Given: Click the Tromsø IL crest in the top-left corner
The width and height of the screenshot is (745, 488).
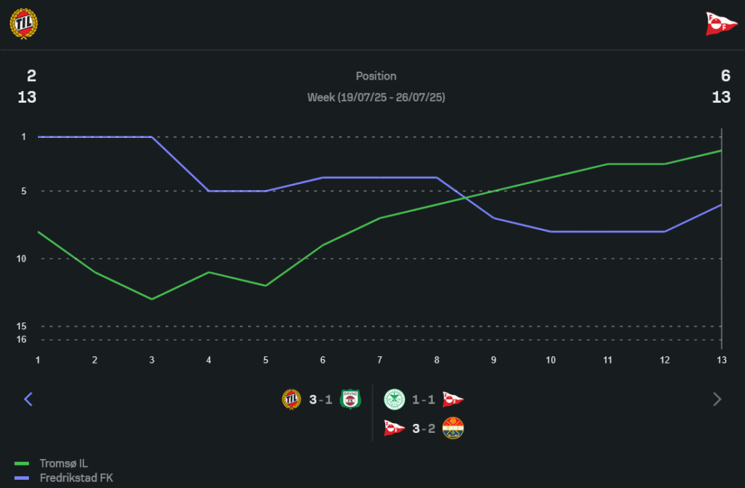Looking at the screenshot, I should [23, 24].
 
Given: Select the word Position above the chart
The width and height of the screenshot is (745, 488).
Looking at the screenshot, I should [376, 76].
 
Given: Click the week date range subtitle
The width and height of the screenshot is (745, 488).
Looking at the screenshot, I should [376, 98].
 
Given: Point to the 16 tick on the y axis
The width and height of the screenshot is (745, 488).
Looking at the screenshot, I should [23, 340].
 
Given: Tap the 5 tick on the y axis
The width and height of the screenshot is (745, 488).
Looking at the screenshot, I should [24, 191].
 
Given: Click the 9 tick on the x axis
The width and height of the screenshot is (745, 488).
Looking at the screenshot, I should [493, 360].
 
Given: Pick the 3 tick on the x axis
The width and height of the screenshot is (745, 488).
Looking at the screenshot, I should [152, 360].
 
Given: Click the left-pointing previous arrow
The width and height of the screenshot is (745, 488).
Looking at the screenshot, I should [28, 399].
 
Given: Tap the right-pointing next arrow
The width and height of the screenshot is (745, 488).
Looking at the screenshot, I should [717, 399].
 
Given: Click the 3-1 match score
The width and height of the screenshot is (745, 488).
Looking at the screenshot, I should [320, 400].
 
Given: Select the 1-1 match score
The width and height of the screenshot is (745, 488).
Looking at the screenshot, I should [424, 400].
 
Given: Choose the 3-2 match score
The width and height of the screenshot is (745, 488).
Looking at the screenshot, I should [424, 428].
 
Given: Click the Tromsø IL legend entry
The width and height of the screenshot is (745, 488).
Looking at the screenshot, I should [63, 463].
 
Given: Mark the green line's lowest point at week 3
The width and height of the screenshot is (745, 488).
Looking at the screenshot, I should [152, 299].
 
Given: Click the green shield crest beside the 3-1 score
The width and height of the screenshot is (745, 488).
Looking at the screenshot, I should [349, 400].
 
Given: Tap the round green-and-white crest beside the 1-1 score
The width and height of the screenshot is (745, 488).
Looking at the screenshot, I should [394, 400].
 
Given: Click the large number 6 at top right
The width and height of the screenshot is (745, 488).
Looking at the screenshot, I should [726, 76].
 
